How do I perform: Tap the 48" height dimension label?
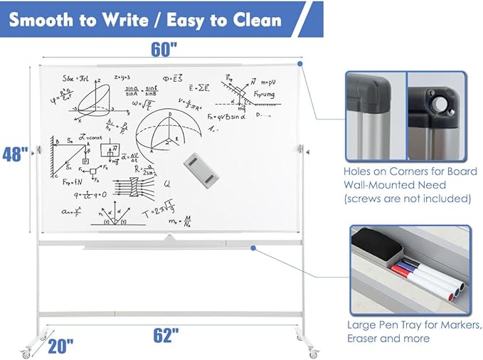tap(14, 154)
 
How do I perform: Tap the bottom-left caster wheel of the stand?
tap(27, 352)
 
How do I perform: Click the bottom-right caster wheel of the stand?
tap(311, 352)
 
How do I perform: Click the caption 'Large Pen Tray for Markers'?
tap(408, 324)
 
